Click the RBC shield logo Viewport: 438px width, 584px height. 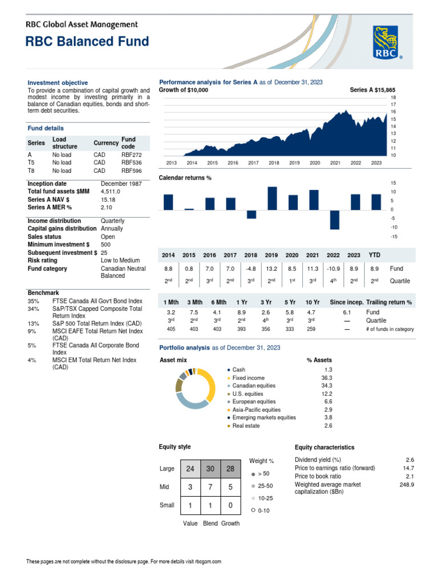(388, 43)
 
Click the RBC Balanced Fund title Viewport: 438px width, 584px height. (87, 42)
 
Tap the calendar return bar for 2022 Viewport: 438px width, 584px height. (335, 220)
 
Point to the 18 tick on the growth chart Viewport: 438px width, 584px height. (393, 98)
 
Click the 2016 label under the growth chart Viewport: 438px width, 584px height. (233, 163)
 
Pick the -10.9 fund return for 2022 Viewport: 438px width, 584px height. (334, 269)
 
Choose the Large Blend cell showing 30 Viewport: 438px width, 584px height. (210, 469)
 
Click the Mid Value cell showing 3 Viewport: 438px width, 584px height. (190, 487)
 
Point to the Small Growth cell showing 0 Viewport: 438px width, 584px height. (230, 505)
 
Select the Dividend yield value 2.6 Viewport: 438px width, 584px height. (409, 460)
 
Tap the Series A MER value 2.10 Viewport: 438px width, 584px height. (107, 208)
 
